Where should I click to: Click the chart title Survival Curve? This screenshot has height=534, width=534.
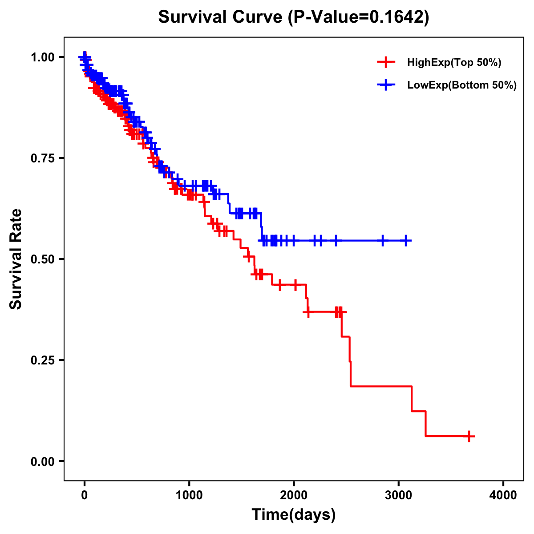click(220, 17)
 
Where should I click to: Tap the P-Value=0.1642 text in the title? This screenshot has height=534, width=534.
click(358, 17)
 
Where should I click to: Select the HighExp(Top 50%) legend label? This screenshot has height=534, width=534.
click(454, 63)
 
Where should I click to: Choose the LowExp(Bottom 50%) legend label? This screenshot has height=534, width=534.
click(462, 85)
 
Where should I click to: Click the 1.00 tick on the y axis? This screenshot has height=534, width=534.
click(42, 57)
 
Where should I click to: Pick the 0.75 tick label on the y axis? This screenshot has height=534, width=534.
click(42, 158)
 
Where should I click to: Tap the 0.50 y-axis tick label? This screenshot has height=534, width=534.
click(42, 259)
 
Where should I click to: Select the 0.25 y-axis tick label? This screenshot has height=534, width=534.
click(42, 360)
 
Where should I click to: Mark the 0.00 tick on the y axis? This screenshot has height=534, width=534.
click(42, 461)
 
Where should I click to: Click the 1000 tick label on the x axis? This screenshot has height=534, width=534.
click(189, 495)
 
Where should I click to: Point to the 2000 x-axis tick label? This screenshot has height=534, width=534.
click(294, 495)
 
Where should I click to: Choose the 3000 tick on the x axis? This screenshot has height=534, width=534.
click(399, 495)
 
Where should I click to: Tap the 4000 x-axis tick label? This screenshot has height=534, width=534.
click(503, 495)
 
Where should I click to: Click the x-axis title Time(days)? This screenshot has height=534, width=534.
click(294, 515)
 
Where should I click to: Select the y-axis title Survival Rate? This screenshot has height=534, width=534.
click(16, 259)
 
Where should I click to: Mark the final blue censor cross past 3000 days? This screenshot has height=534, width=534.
click(406, 241)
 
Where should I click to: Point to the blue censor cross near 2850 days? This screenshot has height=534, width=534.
click(382, 241)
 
